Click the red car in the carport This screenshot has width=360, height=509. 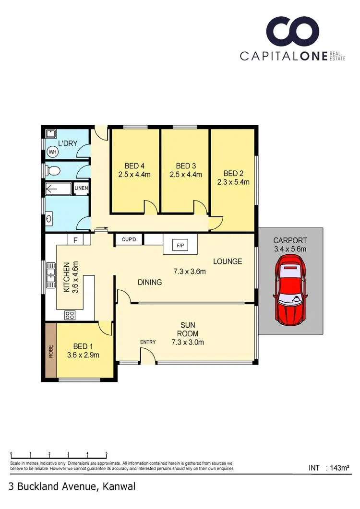point(290,290)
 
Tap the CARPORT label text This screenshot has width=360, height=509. point(290,240)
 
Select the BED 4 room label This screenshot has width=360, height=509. point(134,166)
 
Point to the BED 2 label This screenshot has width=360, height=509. point(234,173)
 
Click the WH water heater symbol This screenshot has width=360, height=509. point(52,152)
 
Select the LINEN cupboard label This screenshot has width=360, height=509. point(81,188)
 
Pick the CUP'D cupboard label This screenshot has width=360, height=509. point(130,239)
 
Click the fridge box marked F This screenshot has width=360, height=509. point(75,240)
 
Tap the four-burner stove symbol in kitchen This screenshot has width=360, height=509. point(70,315)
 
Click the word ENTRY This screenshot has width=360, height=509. point(148,342)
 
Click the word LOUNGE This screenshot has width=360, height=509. point(228,261)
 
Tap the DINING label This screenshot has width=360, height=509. point(149,282)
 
